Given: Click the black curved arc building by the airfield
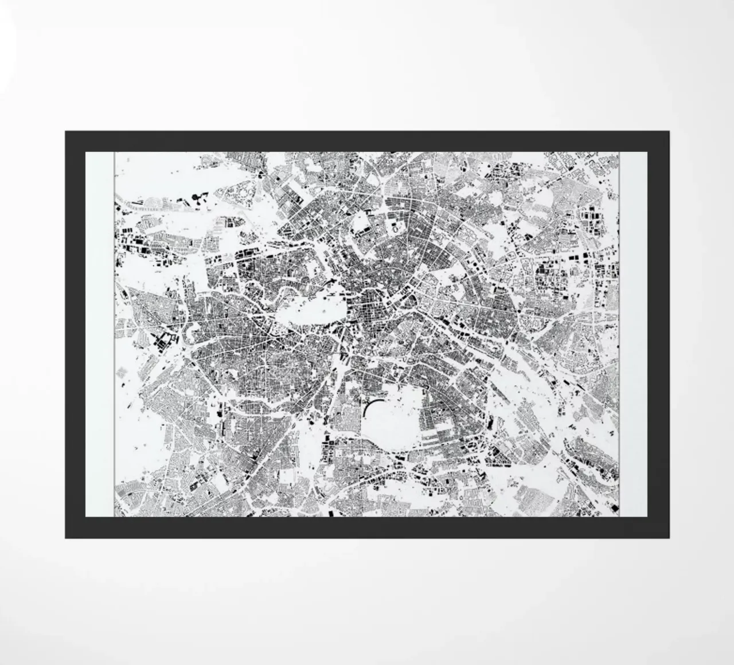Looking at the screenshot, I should [x=368, y=408].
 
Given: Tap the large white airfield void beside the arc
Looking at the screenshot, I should [x=396, y=421].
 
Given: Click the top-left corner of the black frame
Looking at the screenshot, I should [x=66, y=132].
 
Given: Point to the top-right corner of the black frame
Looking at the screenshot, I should [x=668, y=132].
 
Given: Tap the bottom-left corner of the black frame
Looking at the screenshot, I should [x=66, y=537].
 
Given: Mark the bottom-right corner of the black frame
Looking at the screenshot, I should [x=668, y=537].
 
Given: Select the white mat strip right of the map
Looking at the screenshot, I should [x=633, y=332].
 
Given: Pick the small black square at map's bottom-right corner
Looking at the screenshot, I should [x=614, y=507].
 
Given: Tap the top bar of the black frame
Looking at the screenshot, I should [x=367, y=141].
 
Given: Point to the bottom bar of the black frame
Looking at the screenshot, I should [x=367, y=527].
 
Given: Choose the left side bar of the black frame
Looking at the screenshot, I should [x=75, y=332].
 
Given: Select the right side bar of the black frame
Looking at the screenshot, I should [x=658, y=332].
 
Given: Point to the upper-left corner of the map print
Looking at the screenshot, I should [x=115, y=152].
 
